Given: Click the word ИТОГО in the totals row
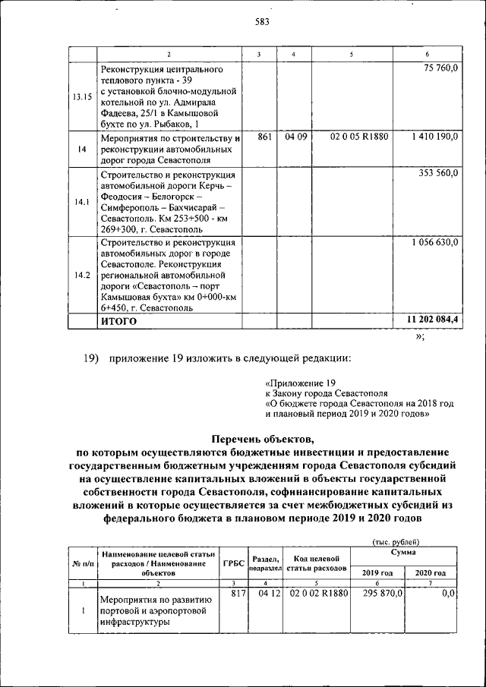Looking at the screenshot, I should [119, 321].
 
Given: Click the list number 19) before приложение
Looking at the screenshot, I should [92, 358].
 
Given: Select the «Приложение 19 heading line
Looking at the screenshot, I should [300, 383].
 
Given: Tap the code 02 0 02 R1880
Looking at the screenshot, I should [317, 594].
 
